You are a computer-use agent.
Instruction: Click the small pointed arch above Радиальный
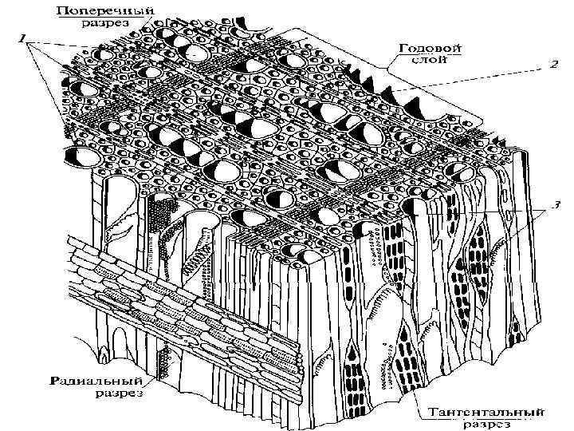coord(103,354)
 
